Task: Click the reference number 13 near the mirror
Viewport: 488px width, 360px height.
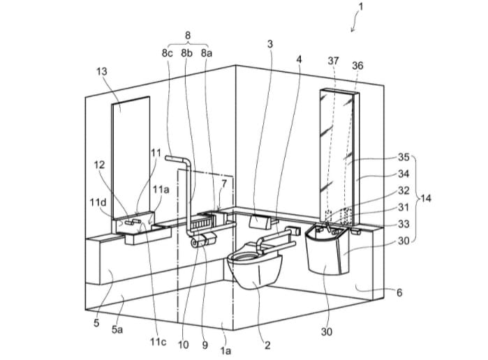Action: pyautogui.click(x=102, y=71)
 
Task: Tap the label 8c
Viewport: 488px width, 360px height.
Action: pyautogui.click(x=167, y=53)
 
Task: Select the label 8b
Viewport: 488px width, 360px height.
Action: pyautogui.click(x=186, y=53)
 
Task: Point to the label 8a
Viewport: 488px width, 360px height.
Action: pyautogui.click(x=207, y=53)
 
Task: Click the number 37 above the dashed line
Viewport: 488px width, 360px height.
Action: pyautogui.click(x=333, y=61)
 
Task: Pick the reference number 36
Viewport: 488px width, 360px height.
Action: pyautogui.click(x=357, y=66)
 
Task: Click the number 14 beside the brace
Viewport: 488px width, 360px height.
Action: pyautogui.click(x=426, y=198)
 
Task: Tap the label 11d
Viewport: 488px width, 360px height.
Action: pyautogui.click(x=98, y=202)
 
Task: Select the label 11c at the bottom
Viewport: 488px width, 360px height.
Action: pyautogui.click(x=158, y=342)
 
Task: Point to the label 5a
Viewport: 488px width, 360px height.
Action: pyautogui.click(x=117, y=329)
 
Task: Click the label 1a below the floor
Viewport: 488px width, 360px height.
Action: pyautogui.click(x=225, y=351)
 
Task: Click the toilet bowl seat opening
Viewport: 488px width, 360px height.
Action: pyautogui.click(x=244, y=257)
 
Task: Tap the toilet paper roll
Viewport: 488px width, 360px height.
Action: pyautogui.click(x=195, y=243)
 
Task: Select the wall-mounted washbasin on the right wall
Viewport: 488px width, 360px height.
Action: pyautogui.click(x=327, y=250)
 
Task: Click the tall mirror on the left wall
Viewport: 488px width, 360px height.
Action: pyautogui.click(x=131, y=156)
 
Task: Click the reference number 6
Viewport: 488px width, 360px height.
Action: pyautogui.click(x=399, y=292)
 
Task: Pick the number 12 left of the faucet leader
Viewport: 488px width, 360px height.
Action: pyautogui.click(x=100, y=165)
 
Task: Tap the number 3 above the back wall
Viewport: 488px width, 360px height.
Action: pyautogui.click(x=270, y=44)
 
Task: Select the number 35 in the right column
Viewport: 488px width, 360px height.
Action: pyautogui.click(x=404, y=157)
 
